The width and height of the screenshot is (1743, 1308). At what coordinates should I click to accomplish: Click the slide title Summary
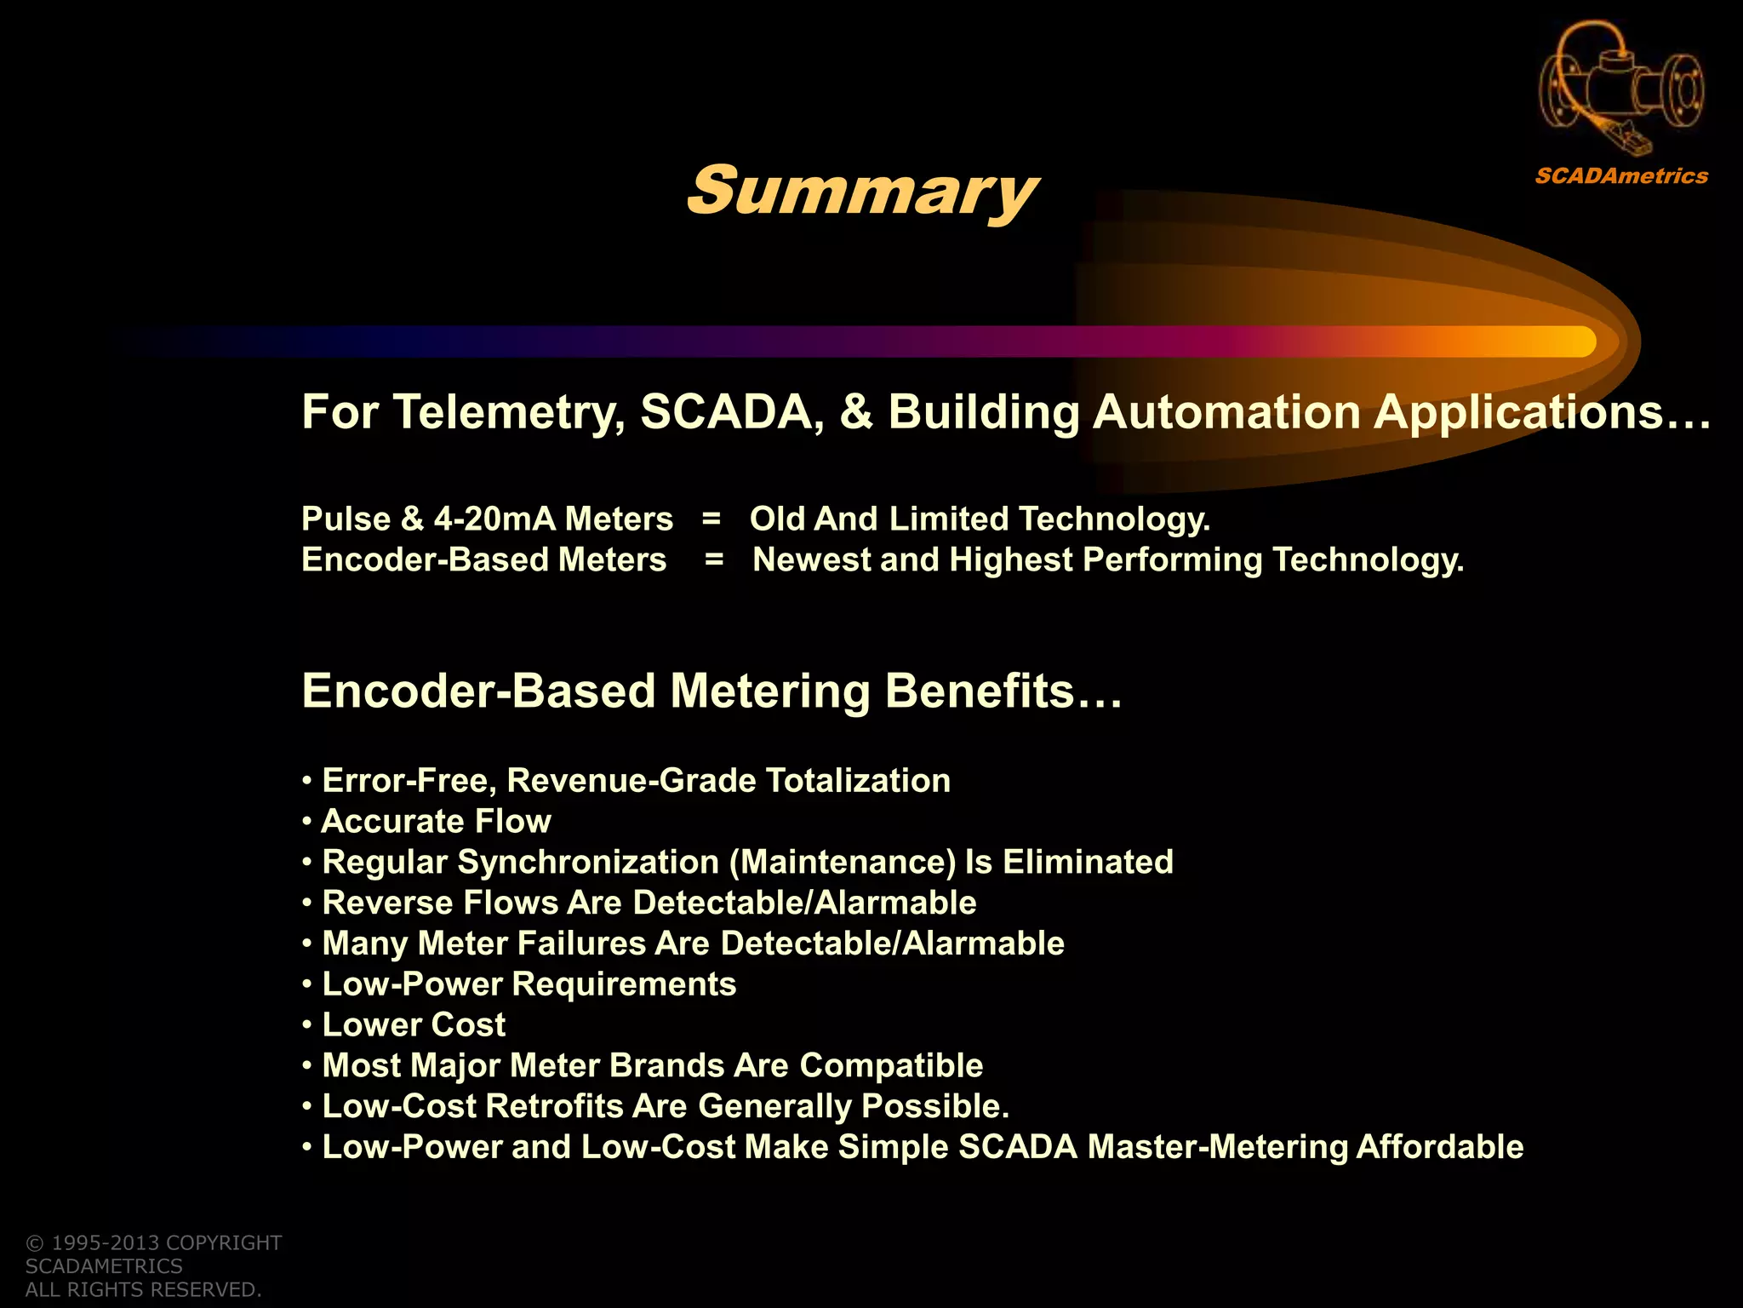(x=861, y=192)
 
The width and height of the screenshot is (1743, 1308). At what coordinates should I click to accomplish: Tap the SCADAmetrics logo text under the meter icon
(x=1621, y=176)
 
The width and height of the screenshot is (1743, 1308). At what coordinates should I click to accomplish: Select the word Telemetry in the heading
(x=506, y=413)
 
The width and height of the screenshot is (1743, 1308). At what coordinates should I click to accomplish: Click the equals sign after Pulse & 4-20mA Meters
(x=711, y=519)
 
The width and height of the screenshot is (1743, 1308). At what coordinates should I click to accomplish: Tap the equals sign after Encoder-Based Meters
(x=714, y=560)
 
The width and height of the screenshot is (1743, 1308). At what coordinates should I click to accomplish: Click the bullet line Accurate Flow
(x=436, y=822)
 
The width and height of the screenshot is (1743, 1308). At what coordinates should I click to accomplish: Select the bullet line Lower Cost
(x=414, y=1025)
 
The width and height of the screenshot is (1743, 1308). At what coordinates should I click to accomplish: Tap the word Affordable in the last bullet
(x=1439, y=1147)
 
